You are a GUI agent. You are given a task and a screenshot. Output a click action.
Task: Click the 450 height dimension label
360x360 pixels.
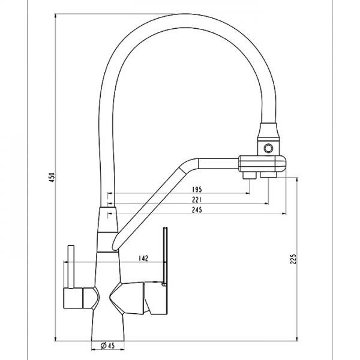52,177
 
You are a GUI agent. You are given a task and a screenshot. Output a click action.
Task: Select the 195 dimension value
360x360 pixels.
197,190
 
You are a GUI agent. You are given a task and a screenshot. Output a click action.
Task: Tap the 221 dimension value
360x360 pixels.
197,200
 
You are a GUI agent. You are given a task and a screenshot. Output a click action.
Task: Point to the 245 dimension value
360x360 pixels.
197,210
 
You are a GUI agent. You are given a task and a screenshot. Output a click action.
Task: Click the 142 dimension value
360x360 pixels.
143,258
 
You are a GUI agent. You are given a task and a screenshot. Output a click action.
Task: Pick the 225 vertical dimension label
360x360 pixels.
293,259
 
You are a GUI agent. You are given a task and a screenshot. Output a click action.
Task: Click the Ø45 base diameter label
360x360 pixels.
107,346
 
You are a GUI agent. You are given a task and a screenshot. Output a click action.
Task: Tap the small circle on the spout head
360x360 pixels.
268,148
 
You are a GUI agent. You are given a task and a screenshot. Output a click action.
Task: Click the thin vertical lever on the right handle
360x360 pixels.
165,256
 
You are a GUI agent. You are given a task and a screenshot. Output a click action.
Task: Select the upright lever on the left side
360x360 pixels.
71,266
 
